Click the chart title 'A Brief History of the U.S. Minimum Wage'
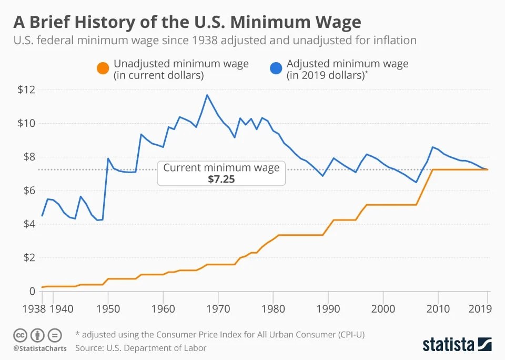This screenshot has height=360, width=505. (x=187, y=22)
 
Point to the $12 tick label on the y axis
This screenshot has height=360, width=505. (x=26, y=89)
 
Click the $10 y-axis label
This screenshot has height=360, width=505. (x=26, y=123)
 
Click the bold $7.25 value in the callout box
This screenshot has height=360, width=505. (x=221, y=179)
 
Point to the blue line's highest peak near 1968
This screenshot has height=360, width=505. (x=207, y=95)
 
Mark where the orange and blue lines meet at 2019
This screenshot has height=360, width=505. (x=488, y=169)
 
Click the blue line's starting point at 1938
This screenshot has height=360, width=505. (x=42, y=216)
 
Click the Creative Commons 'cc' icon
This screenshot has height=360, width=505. (x=20, y=335)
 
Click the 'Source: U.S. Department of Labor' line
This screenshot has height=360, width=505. (x=140, y=348)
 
